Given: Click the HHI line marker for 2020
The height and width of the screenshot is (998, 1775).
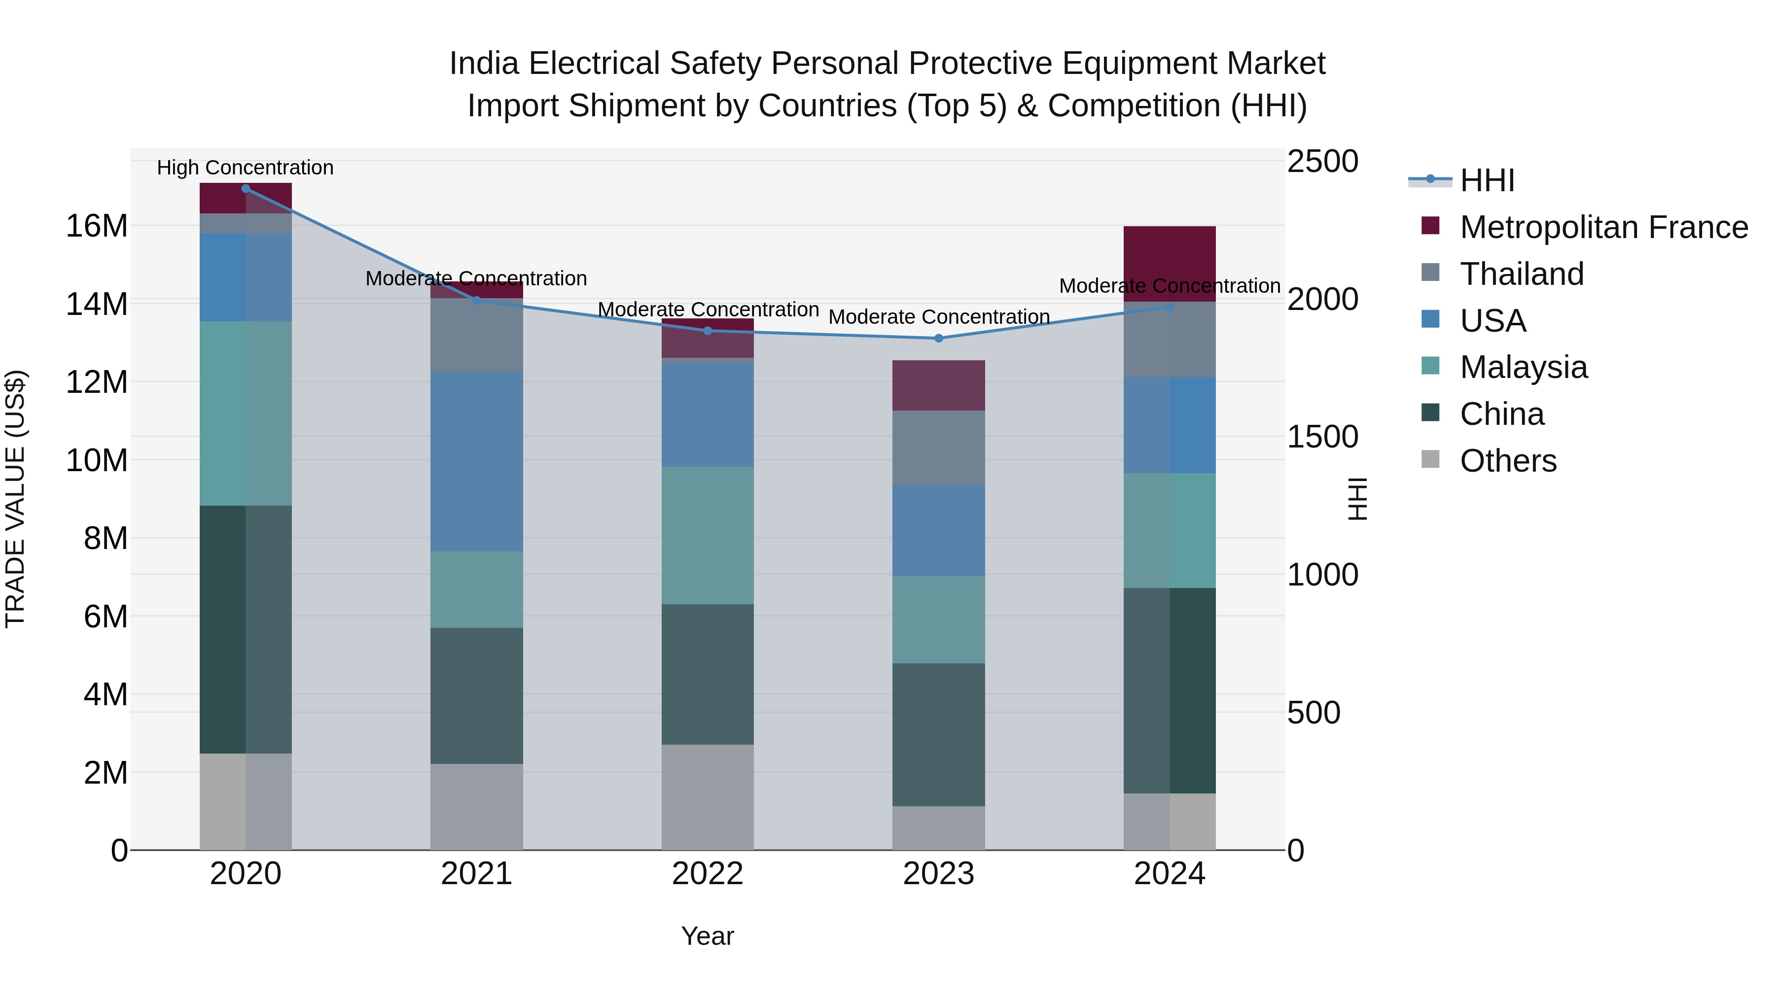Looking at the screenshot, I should [x=246, y=188].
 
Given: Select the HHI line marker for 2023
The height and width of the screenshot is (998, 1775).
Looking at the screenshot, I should [x=938, y=338].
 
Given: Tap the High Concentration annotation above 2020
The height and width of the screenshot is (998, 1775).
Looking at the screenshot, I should [x=246, y=168].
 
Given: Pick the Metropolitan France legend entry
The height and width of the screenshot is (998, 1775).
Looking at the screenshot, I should [x=1603, y=227].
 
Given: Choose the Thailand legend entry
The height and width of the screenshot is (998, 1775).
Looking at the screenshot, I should [x=1522, y=274].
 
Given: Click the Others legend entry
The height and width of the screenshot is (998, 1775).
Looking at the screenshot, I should [x=1508, y=461].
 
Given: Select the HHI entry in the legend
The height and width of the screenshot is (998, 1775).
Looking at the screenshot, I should [x=1487, y=180].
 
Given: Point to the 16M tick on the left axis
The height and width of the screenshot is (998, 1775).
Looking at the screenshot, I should [x=97, y=226].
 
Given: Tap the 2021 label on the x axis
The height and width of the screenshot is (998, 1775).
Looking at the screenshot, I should [x=477, y=874].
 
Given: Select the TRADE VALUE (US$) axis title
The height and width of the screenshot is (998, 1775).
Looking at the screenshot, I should [x=15, y=499].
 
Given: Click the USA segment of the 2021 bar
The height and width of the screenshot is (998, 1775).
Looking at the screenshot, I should [x=477, y=461].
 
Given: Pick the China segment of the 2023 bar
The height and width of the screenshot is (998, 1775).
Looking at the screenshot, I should [x=938, y=734].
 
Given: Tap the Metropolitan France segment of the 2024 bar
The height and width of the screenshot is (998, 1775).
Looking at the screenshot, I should [x=1170, y=264].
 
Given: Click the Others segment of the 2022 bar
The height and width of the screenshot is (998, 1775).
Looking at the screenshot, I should [x=708, y=797].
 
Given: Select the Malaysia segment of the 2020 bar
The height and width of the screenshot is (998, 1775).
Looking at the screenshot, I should [x=246, y=413].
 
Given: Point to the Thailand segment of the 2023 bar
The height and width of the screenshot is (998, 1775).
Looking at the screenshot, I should [x=938, y=447].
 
